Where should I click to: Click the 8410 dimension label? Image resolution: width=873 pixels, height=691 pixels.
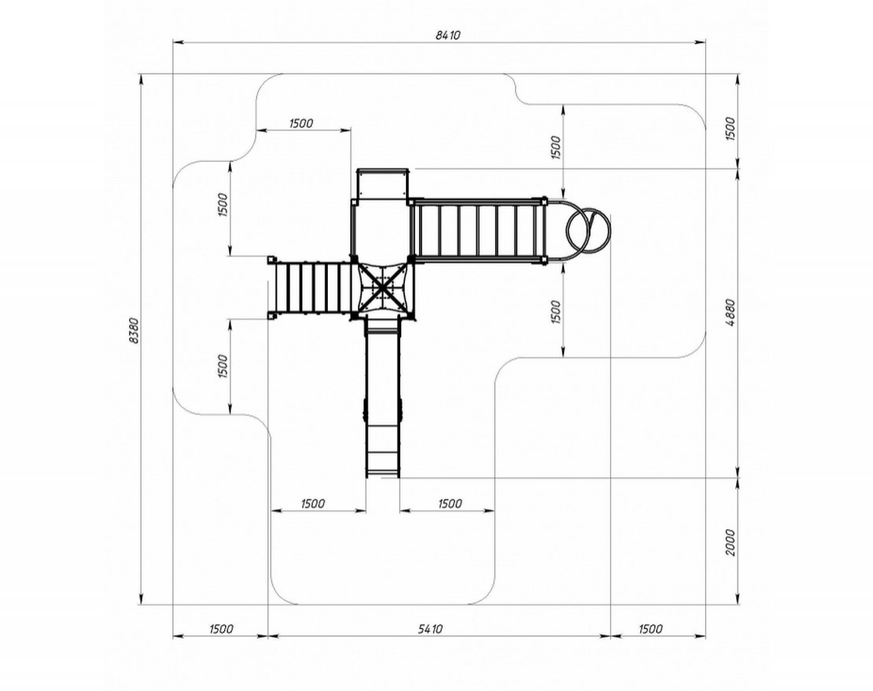448,35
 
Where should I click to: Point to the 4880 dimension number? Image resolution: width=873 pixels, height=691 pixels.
731,313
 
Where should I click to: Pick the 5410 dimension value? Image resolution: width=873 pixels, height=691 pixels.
430,629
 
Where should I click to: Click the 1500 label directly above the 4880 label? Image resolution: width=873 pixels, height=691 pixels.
731,128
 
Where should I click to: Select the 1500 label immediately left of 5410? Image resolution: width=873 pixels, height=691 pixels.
221,629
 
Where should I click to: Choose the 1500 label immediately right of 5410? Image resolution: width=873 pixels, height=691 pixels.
650,629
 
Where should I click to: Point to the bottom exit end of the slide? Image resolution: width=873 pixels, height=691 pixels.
383,475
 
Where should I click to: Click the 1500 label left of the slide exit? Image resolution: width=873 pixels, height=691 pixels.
313,503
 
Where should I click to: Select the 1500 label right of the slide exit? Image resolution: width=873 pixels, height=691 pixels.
450,503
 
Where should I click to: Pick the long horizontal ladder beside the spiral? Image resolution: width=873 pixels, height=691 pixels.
477,230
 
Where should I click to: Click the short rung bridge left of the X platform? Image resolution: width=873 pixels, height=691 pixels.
311,289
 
